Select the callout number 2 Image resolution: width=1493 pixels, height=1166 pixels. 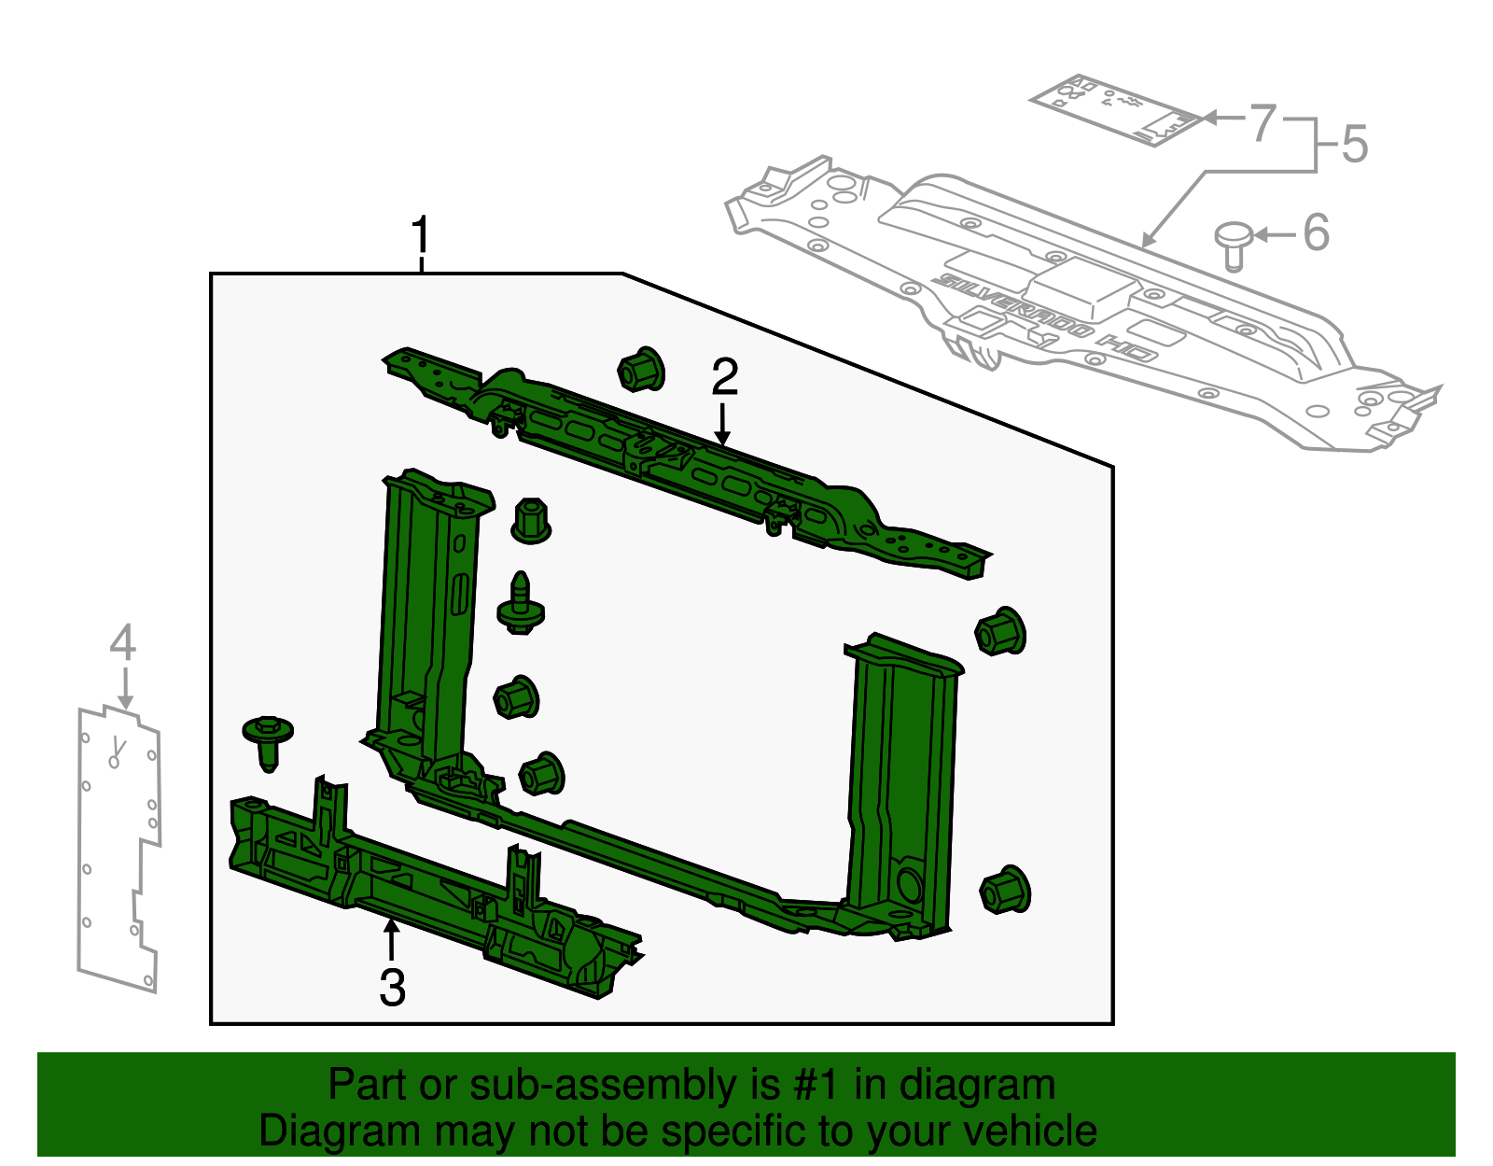click(x=725, y=376)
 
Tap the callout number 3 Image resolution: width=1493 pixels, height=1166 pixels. click(x=392, y=988)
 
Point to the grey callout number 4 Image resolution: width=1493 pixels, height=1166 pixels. click(x=123, y=642)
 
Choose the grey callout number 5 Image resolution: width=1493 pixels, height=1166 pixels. click(x=1354, y=145)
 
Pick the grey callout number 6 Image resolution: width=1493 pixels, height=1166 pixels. click(x=1317, y=232)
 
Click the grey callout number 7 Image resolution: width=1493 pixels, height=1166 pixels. click(x=1263, y=123)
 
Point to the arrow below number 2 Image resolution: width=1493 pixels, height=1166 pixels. click(x=721, y=424)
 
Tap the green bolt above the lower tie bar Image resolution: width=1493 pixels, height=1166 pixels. click(x=268, y=743)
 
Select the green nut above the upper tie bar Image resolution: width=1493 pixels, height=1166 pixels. click(x=640, y=369)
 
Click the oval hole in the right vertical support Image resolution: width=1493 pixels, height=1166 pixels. click(x=910, y=885)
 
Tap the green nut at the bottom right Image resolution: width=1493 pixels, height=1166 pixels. click(x=1004, y=890)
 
